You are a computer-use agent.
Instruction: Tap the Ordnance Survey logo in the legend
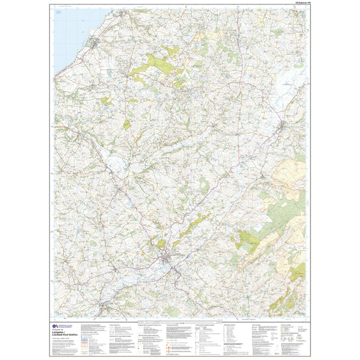(x=55, y=323)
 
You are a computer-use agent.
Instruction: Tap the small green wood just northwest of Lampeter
(x=160, y=244)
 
